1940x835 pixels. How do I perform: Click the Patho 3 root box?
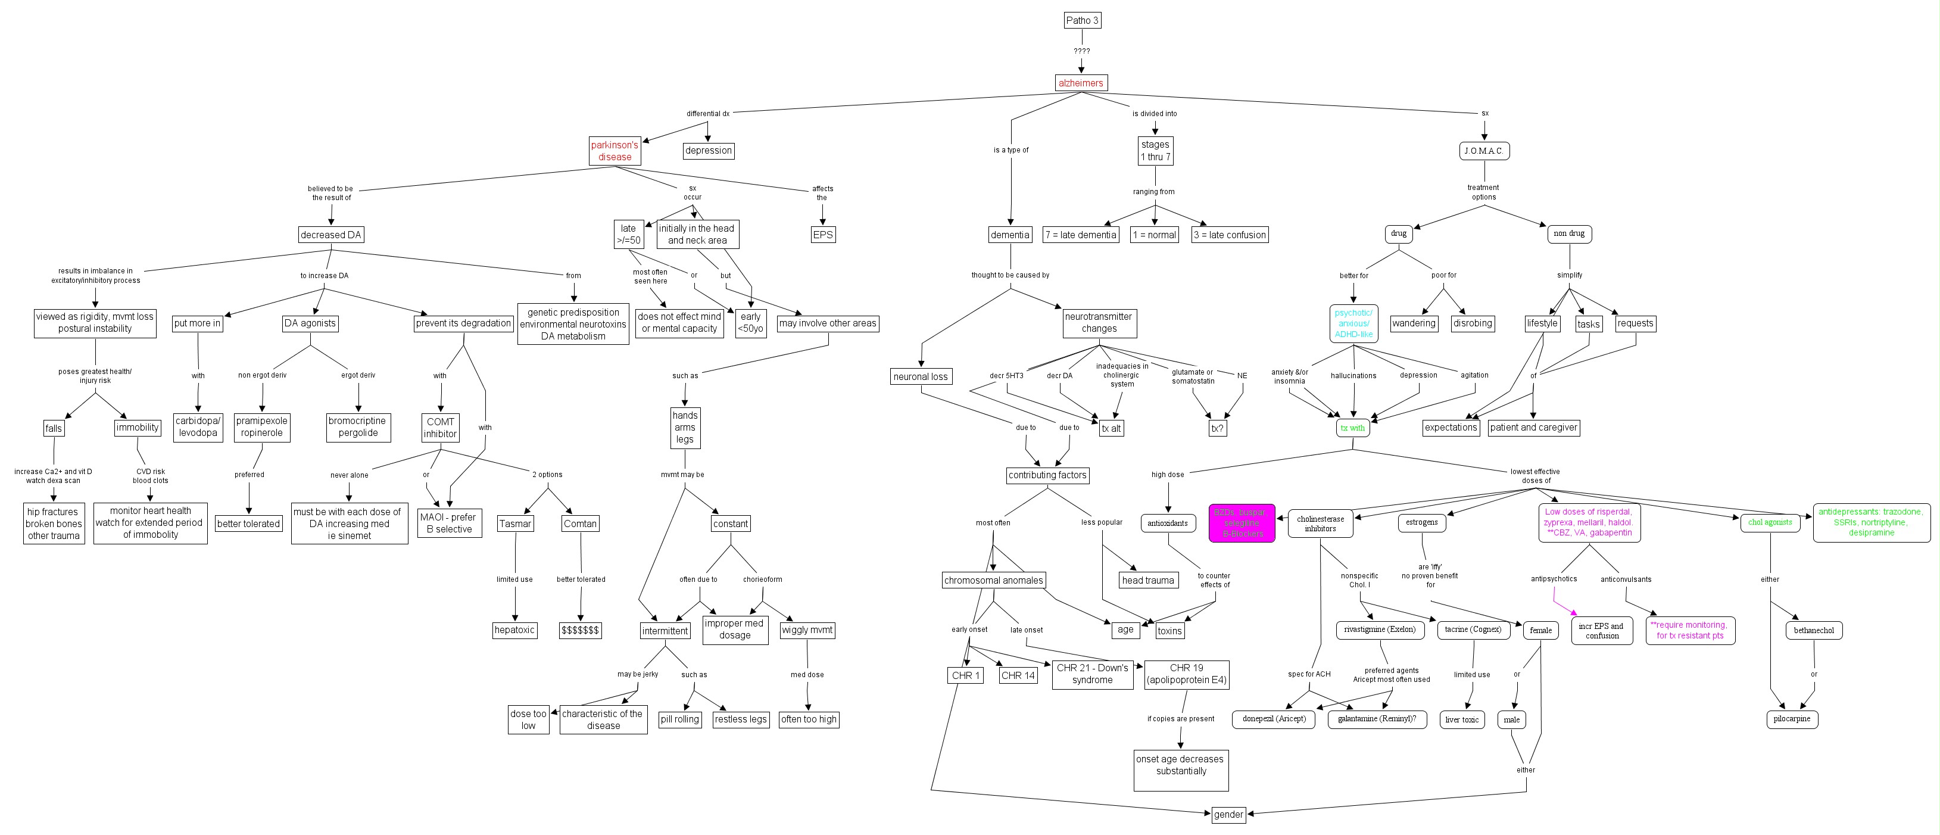click(1081, 20)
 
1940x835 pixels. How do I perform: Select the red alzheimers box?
click(1081, 83)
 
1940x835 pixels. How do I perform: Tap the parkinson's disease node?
click(615, 151)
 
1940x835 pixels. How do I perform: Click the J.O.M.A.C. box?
click(1484, 151)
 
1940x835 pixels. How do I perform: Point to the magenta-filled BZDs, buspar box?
click(1242, 522)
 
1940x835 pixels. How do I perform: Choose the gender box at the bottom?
click(1228, 814)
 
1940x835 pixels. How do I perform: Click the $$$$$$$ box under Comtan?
click(580, 630)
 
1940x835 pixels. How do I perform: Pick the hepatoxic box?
click(514, 630)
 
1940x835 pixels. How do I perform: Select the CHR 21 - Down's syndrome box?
click(1092, 674)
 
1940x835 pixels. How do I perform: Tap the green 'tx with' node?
click(1352, 428)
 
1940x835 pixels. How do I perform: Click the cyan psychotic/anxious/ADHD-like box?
click(1353, 323)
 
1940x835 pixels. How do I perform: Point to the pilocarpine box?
click(1792, 719)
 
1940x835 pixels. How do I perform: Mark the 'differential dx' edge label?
click(707, 114)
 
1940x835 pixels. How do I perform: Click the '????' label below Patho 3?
click(1081, 51)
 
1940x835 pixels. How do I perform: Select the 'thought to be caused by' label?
click(1010, 275)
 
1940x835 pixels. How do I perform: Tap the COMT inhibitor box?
click(440, 428)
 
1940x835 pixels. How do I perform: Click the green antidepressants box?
click(1871, 522)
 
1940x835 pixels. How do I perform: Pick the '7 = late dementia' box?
click(1081, 235)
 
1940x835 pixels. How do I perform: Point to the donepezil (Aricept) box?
click(1274, 719)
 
